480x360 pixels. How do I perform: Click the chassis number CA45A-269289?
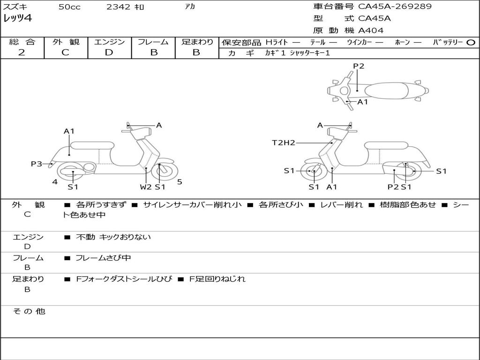(395, 7)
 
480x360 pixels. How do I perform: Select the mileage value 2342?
(119, 7)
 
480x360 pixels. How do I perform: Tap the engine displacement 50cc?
(69, 7)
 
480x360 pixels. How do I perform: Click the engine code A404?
(371, 30)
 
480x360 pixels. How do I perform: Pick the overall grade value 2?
(22, 52)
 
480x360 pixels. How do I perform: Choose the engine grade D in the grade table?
(109, 52)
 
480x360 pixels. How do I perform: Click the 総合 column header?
(22, 42)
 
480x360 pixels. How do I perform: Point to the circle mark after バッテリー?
(471, 42)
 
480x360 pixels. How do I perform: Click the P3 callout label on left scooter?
(37, 164)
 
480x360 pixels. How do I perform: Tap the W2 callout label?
(146, 187)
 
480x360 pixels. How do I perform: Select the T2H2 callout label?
(284, 142)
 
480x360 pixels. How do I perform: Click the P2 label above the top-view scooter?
(359, 66)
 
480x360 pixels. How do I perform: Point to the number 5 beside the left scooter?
(180, 182)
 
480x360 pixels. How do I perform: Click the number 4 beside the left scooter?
(55, 182)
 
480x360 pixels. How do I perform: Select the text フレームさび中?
(103, 258)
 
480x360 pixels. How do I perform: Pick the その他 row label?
(29, 311)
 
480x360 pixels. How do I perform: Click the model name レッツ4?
(17, 19)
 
